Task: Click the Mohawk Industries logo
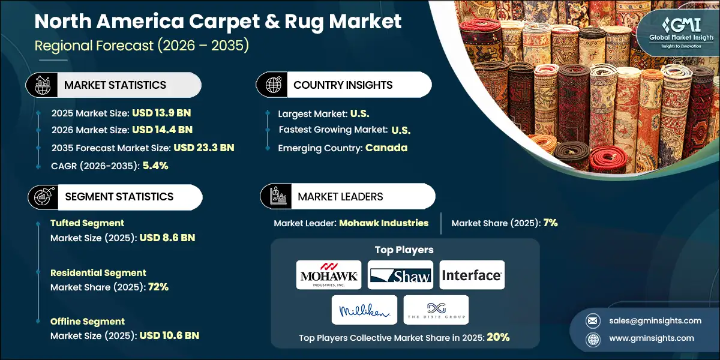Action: [329, 275]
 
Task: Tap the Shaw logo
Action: [400, 275]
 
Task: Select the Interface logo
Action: [472, 275]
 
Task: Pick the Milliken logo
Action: [364, 310]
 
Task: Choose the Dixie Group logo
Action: [436, 310]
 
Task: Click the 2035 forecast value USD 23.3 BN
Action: [204, 148]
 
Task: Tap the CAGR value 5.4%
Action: [155, 166]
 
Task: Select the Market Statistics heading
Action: [115, 85]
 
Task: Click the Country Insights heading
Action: [343, 85]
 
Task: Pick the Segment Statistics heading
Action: [119, 196]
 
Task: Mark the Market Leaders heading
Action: [340, 196]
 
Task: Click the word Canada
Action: [387, 148]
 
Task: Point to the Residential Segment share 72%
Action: [157, 287]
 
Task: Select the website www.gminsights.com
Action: [652, 338]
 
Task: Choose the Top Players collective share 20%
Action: [497, 337]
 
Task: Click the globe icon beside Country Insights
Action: [274, 85]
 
